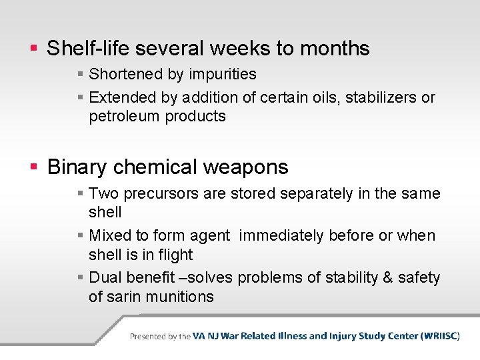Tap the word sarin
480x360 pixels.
click(x=125, y=297)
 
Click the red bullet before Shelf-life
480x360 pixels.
click(x=34, y=49)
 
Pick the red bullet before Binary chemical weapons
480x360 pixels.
click(x=34, y=167)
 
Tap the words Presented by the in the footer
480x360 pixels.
click(x=160, y=336)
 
